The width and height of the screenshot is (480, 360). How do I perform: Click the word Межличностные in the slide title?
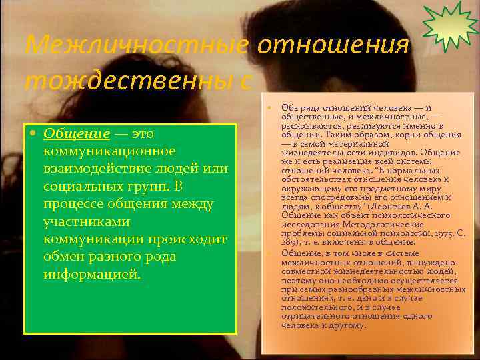(136, 46)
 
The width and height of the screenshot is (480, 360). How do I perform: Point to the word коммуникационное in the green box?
(110, 151)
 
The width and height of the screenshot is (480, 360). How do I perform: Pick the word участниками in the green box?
(85, 221)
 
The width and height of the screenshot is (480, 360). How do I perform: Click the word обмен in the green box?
(63, 256)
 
